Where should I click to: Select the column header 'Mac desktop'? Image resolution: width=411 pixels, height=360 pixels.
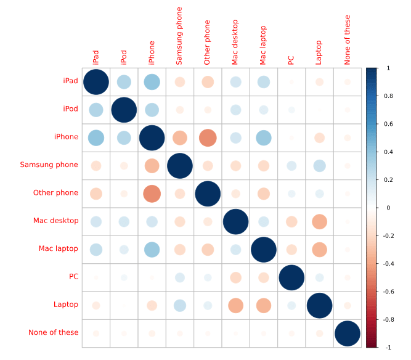tap(235, 45)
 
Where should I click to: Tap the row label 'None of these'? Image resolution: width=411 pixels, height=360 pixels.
tap(54, 333)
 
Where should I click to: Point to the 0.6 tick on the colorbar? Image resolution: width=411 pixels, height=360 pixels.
tap(389, 124)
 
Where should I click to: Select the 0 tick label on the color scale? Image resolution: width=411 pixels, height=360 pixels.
tap(387, 208)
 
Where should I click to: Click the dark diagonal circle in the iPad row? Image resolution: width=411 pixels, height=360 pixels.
tap(96, 82)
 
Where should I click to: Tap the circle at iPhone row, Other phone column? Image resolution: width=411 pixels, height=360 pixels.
tap(208, 137)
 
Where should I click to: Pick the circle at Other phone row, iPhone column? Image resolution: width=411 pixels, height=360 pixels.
tap(152, 194)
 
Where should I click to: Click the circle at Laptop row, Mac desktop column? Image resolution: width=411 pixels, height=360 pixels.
tap(235, 305)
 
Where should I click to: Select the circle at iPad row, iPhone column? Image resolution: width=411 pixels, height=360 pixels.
tap(152, 82)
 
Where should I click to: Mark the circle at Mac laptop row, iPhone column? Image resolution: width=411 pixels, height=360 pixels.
tap(152, 249)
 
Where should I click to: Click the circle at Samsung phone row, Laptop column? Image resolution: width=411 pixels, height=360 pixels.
tap(319, 165)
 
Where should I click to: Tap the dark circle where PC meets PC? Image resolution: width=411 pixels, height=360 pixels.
tap(291, 277)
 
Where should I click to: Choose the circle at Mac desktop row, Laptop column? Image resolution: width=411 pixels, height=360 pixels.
tap(319, 221)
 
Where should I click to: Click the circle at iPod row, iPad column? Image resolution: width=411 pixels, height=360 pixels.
tap(96, 110)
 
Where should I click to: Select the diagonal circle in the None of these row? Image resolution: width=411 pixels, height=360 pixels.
tap(347, 333)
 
